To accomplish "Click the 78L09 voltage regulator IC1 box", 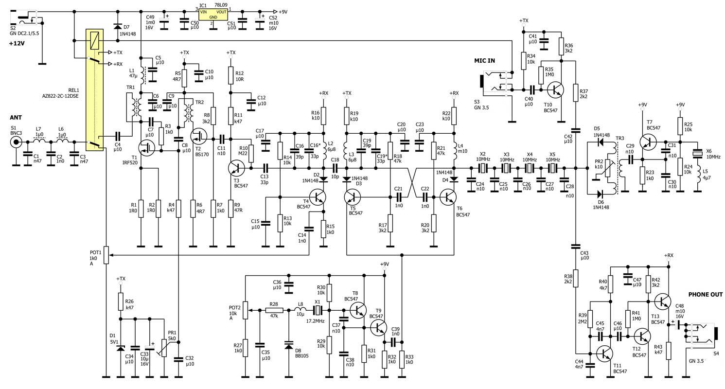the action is [213, 14].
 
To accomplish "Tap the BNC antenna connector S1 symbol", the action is [16, 142].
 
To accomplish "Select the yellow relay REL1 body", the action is [94, 89].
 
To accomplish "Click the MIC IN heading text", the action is [484, 60].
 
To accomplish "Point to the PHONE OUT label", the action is [705, 295].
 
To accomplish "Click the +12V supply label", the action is [17, 43].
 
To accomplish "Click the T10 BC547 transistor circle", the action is [556, 90].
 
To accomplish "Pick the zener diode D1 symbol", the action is [121, 348].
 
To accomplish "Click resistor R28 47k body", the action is [274, 310].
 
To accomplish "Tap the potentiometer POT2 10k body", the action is [246, 310].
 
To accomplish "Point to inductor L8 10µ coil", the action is [300, 310].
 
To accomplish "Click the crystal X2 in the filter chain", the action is [483, 168].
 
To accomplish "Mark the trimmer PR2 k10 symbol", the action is [607, 168].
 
